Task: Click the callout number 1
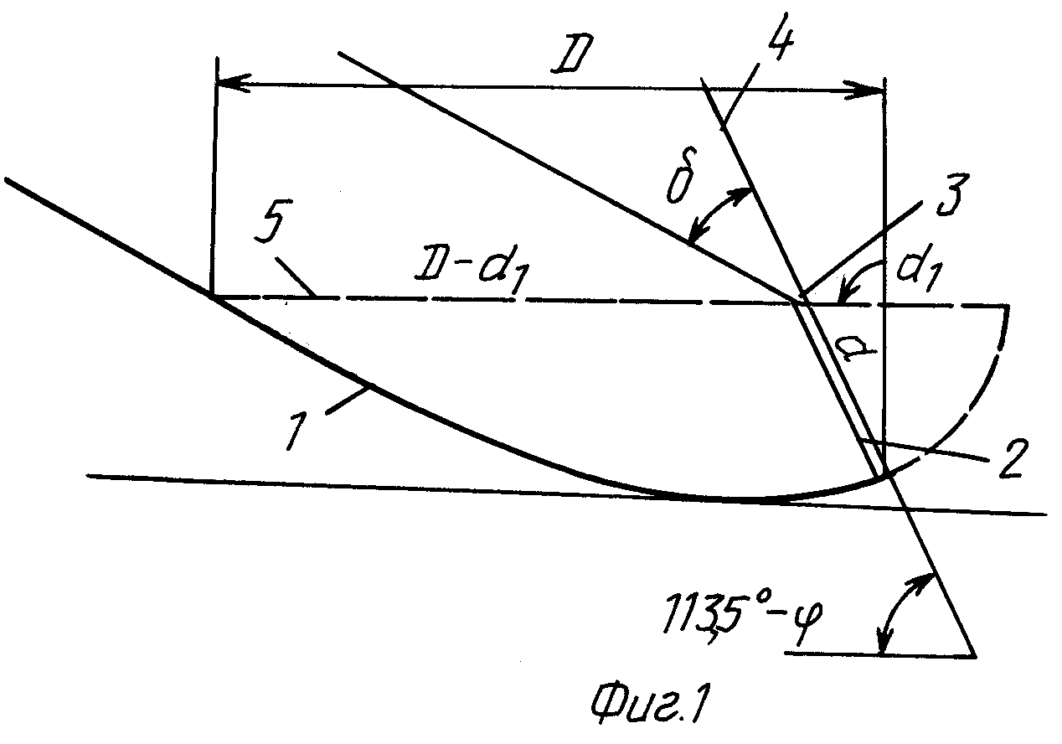pos(297,430)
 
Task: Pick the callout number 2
pos(1011,458)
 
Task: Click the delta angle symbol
pos(681,177)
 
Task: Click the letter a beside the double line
pos(856,349)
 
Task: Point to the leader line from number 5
pos(296,277)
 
